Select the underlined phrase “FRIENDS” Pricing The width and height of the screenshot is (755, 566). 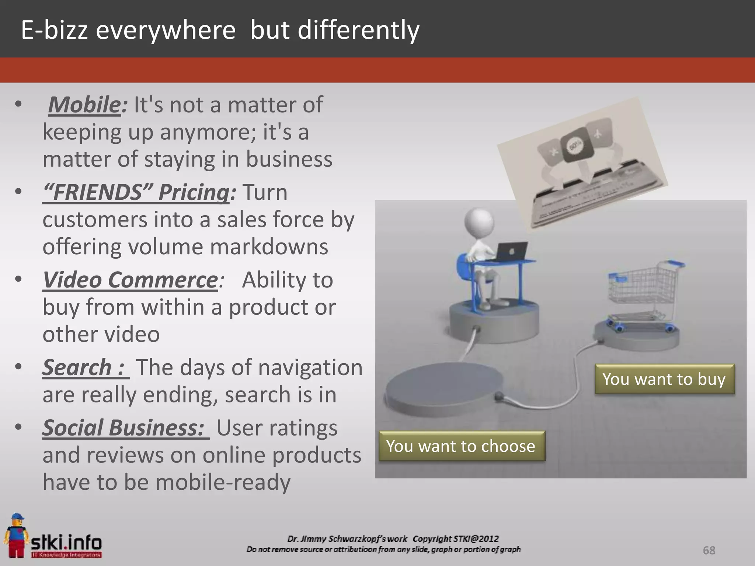136,192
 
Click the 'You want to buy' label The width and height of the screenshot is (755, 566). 664,379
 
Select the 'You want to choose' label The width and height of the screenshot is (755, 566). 461,446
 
